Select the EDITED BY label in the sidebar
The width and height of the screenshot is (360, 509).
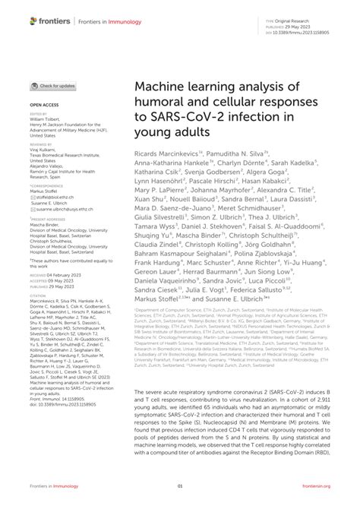click(x=39, y=114)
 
